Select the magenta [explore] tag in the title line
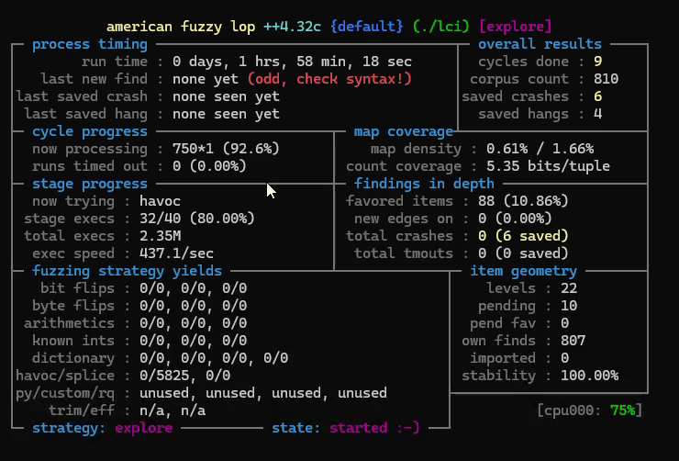tap(516, 27)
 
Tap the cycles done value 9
tap(597, 62)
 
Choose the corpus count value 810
tap(606, 79)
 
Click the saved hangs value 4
tap(597, 114)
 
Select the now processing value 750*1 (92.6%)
tap(226, 149)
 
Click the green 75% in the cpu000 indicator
tap(623, 410)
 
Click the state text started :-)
tap(373, 428)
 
